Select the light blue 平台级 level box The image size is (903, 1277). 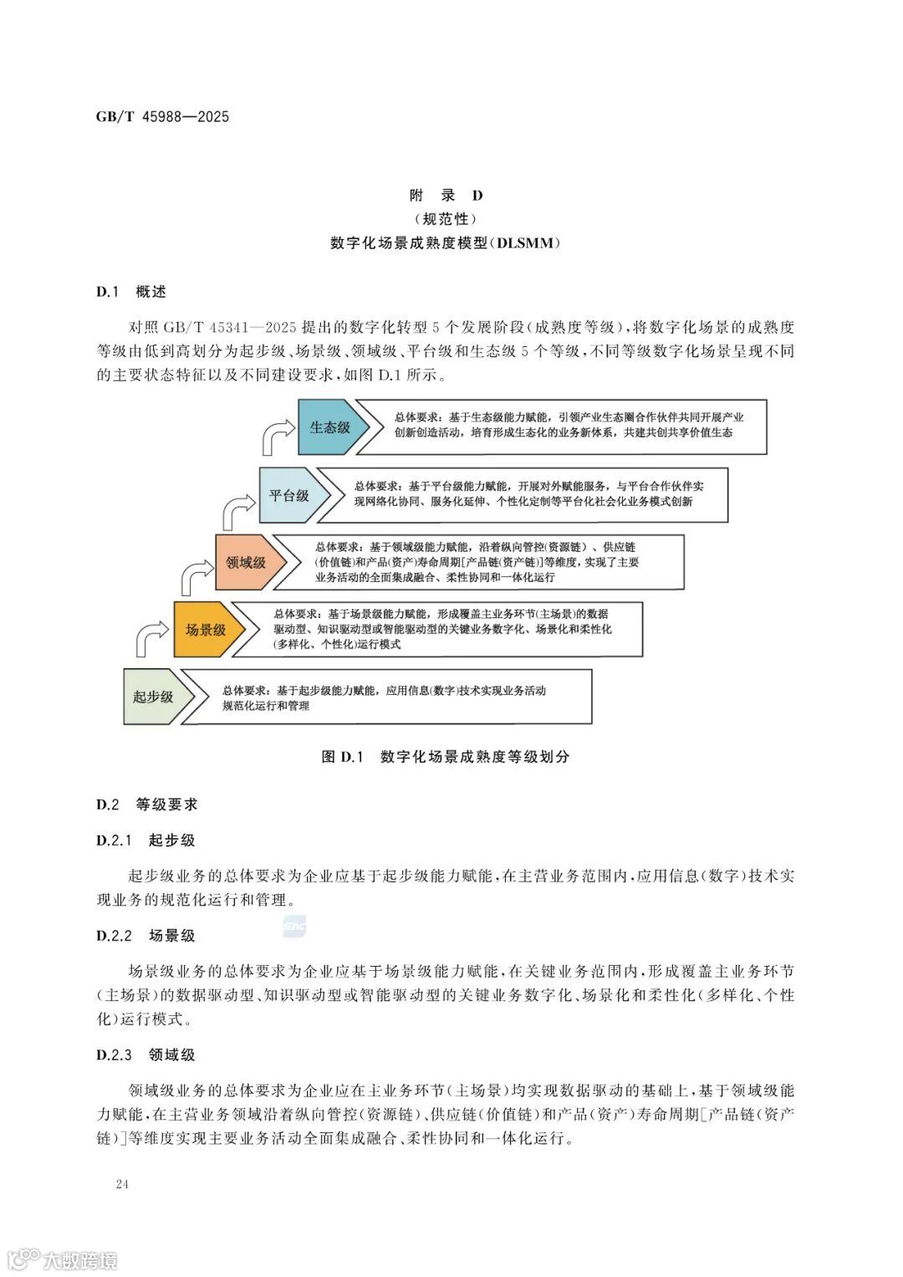[288, 495]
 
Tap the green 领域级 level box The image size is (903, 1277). [246, 562]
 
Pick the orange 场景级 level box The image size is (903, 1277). [205, 630]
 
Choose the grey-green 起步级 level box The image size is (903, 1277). [153, 697]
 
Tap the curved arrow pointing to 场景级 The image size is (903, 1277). [153, 639]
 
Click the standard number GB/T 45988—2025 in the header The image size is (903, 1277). [162, 116]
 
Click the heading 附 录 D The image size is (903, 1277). [446, 196]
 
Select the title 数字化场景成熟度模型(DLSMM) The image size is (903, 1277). [446, 243]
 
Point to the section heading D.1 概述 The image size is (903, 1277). [131, 292]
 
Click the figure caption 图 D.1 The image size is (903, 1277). [446, 757]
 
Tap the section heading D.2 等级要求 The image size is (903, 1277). [147, 805]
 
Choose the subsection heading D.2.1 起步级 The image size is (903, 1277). [145, 840]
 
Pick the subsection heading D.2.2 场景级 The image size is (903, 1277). [145, 936]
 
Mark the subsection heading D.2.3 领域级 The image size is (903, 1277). [145, 1055]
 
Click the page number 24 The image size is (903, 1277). [122, 1184]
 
